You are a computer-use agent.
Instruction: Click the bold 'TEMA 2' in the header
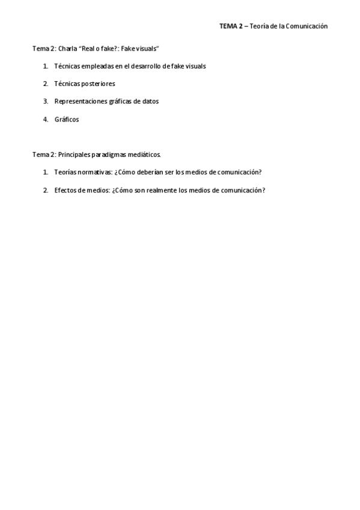231,26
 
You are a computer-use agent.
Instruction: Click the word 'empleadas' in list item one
95,66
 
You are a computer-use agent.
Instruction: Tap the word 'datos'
150,101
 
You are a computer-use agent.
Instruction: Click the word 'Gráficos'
66,119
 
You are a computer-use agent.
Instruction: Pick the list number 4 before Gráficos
45,119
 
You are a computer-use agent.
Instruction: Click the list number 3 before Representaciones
45,101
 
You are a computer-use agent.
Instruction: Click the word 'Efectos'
65,190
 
